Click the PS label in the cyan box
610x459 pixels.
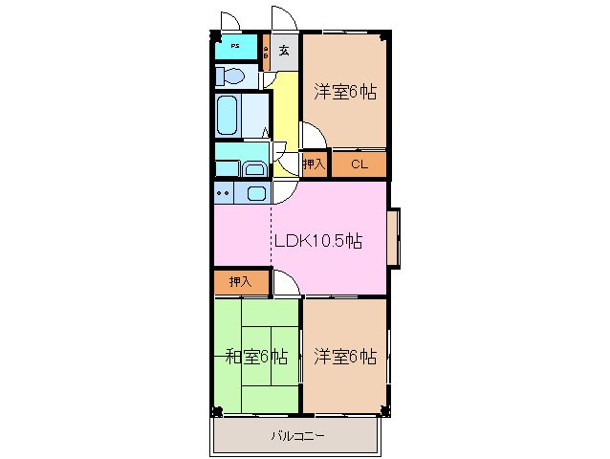pyautogui.click(x=234, y=46)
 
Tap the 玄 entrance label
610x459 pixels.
pyautogui.click(x=285, y=51)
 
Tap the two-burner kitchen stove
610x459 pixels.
pyautogui.click(x=224, y=193)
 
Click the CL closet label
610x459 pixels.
pyautogui.click(x=359, y=164)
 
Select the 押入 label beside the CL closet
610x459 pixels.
pyautogui.click(x=315, y=164)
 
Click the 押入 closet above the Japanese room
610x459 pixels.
pyautogui.click(x=239, y=282)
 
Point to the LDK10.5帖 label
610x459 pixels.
pyautogui.click(x=317, y=241)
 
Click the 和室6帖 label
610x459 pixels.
pyautogui.click(x=255, y=357)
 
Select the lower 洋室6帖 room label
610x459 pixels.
pyautogui.click(x=344, y=357)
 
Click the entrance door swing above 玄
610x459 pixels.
pyautogui.click(x=284, y=19)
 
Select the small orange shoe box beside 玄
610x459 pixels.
pyautogui.click(x=267, y=53)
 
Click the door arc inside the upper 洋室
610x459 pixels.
pyautogui.click(x=314, y=136)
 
